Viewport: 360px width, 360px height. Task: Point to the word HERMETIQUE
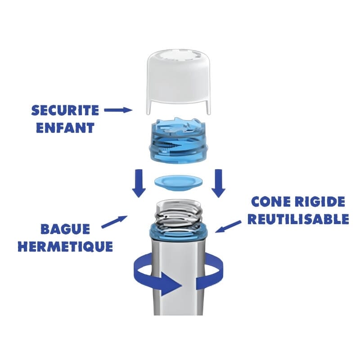click(x=65, y=247)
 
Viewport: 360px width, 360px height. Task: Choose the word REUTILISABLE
click(x=298, y=219)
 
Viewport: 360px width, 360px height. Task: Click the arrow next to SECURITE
click(x=117, y=109)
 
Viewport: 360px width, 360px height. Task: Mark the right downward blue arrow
click(x=218, y=182)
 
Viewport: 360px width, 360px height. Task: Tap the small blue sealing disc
click(x=178, y=182)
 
